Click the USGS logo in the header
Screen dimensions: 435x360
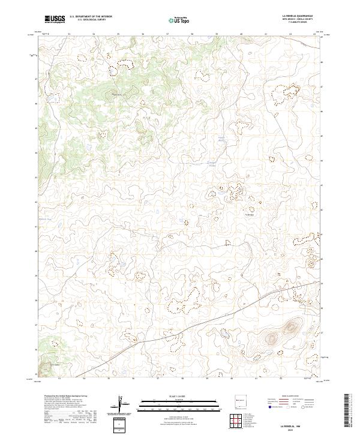point(55,19)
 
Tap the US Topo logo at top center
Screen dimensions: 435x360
point(181,19)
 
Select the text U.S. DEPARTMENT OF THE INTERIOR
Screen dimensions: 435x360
point(91,17)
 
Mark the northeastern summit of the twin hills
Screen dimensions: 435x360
point(291,327)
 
